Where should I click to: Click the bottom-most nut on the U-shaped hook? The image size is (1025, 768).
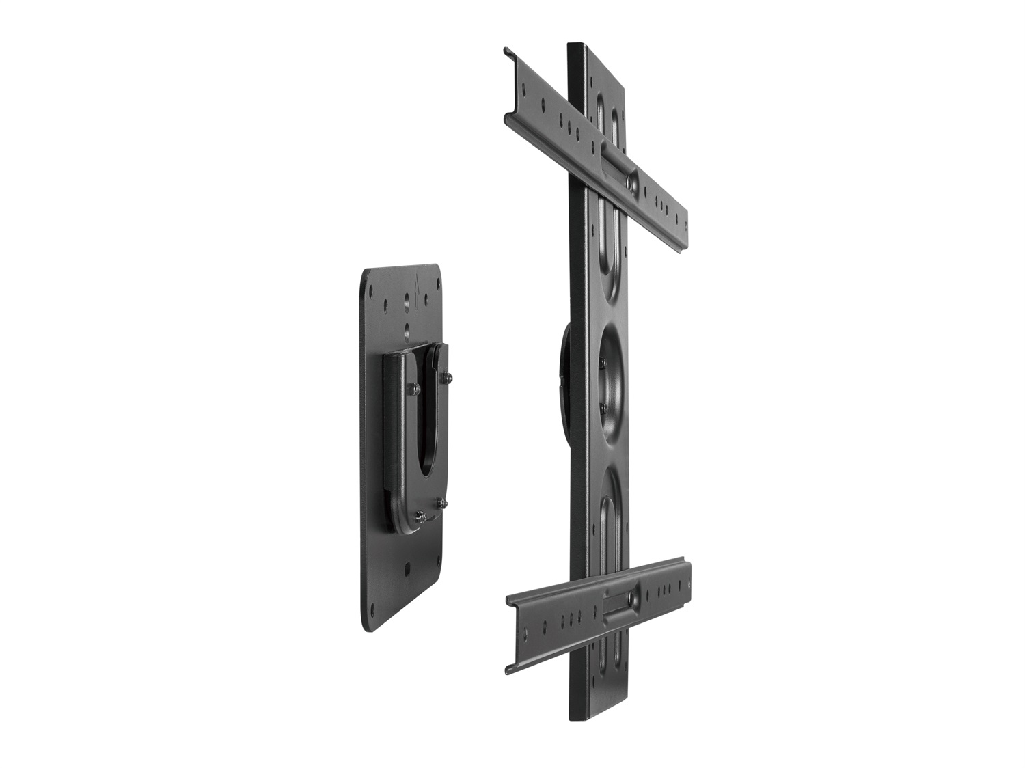click(x=420, y=515)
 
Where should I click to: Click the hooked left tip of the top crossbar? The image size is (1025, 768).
click(x=508, y=51)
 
